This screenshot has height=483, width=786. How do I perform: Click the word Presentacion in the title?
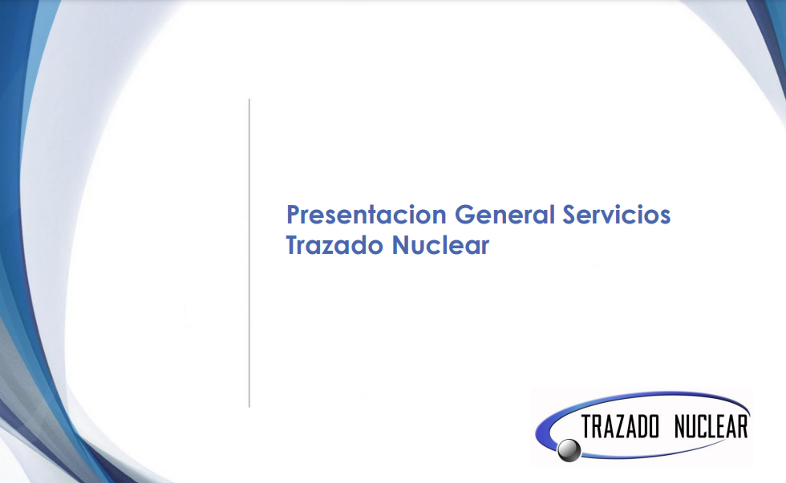click(x=367, y=215)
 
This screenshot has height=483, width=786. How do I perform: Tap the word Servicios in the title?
click(x=616, y=215)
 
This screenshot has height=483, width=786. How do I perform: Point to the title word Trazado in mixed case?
click(x=334, y=245)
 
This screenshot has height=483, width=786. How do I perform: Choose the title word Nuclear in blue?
click(x=440, y=245)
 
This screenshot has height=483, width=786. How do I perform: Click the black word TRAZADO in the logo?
click(x=620, y=427)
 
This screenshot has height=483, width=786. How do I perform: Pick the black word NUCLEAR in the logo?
click(x=711, y=427)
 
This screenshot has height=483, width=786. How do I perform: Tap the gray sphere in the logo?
click(x=569, y=449)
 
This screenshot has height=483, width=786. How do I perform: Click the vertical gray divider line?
click(x=249, y=253)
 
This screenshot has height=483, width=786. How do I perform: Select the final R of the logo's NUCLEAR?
click(x=742, y=427)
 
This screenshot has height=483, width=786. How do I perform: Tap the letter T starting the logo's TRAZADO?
click(x=587, y=427)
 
